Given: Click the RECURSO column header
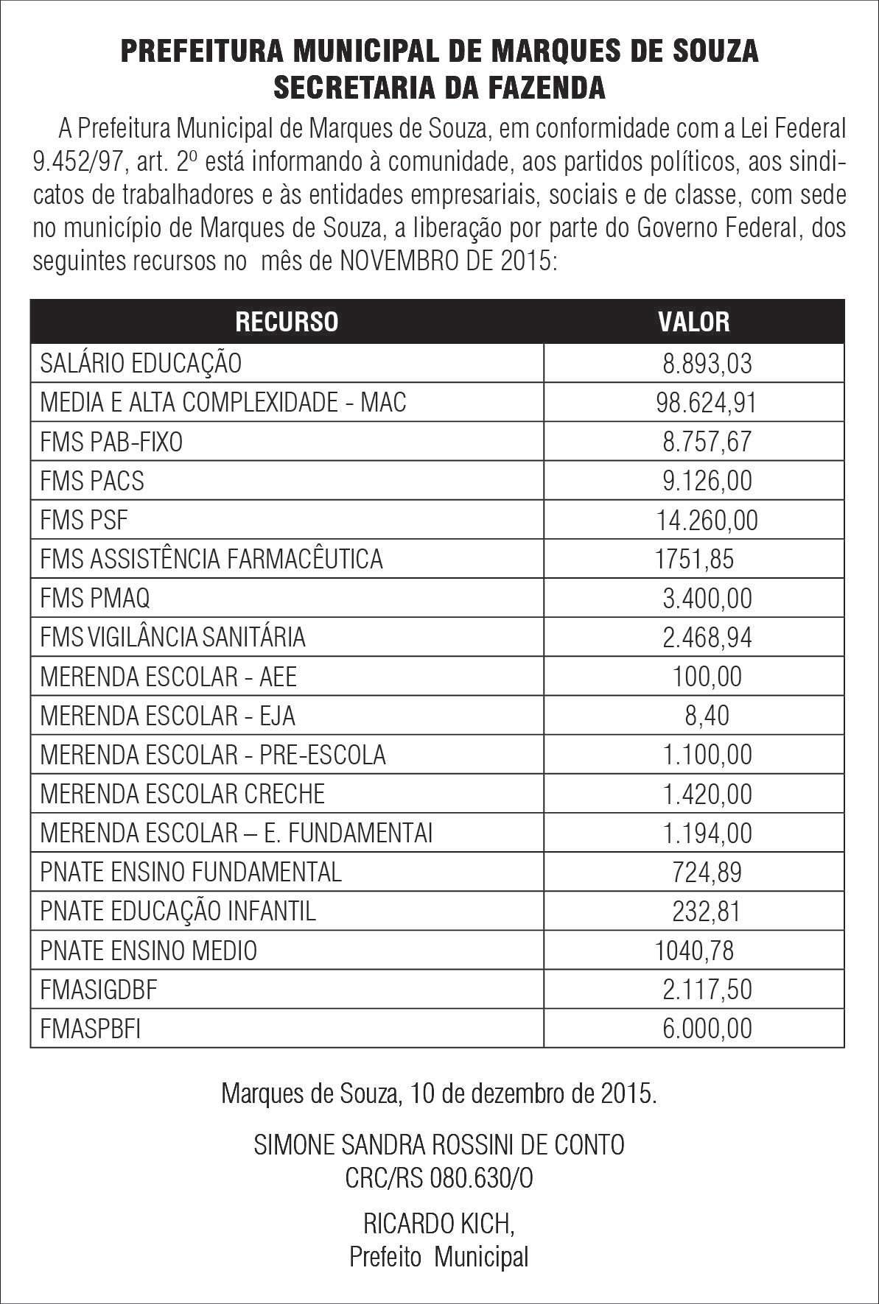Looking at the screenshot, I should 287,322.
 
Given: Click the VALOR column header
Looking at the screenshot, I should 693,322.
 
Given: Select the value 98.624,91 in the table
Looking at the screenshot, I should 706,402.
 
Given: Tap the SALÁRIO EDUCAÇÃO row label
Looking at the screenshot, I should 141,363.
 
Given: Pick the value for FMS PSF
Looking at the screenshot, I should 707,520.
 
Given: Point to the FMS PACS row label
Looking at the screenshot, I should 92,481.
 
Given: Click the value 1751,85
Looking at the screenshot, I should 694,559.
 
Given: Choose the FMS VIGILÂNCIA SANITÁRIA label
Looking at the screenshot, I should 172,637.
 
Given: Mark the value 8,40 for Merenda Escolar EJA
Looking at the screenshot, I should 707,715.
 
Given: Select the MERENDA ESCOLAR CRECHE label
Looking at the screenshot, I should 182,794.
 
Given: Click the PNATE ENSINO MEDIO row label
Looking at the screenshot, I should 148,950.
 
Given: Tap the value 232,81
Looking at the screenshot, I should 707,911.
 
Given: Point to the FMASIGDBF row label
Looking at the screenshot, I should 99,989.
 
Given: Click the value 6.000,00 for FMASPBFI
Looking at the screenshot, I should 707,1028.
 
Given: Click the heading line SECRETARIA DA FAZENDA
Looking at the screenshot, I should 439,88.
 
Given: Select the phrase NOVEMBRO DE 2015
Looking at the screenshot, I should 444,261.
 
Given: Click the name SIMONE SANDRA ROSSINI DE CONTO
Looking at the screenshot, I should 439,1144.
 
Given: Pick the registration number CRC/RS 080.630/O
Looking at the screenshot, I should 439,1178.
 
